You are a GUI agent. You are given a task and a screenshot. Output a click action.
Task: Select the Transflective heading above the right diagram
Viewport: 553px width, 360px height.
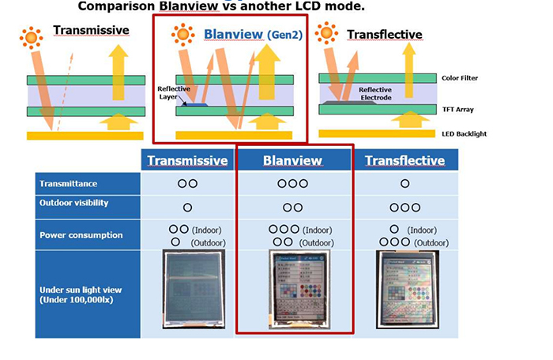pyautogui.click(x=384, y=35)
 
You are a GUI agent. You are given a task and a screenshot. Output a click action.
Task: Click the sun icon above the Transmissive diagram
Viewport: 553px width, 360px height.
pyautogui.click(x=32, y=36)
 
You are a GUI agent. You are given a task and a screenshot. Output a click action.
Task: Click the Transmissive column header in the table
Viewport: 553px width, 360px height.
pyautogui.click(x=187, y=161)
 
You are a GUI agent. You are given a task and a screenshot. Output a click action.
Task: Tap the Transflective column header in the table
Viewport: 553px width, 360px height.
pyautogui.click(x=404, y=161)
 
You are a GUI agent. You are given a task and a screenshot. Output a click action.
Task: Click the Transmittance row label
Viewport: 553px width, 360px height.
pyautogui.click(x=70, y=184)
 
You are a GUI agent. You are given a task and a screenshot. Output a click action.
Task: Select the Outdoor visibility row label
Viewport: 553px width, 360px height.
pyautogui.click(x=74, y=204)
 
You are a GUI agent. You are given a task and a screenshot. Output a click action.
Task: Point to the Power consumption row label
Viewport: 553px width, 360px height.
pyautogui.click(x=81, y=234)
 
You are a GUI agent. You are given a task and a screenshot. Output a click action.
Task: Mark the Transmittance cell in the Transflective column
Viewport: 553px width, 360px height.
pyautogui.click(x=404, y=184)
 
